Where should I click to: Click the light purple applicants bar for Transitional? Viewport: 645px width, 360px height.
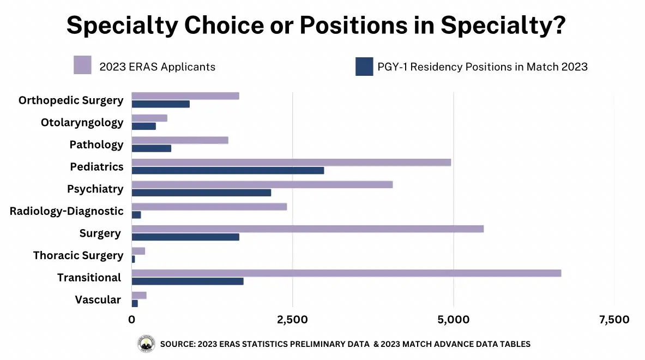coord(346,273)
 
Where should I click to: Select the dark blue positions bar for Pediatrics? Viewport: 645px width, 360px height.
coord(228,171)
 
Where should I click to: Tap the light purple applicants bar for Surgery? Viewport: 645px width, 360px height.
coord(308,229)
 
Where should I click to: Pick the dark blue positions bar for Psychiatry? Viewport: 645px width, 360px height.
coord(201,193)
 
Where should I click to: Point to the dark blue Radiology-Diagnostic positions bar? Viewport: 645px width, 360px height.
coord(136,215)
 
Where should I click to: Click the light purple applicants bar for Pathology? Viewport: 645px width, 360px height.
coord(180,140)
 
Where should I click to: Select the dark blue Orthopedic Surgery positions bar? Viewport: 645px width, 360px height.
coord(161,104)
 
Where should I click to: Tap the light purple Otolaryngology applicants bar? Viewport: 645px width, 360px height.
coord(149,118)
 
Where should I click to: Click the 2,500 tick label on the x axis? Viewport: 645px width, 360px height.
coord(293,320)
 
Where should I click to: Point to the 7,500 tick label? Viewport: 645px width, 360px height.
coord(614,320)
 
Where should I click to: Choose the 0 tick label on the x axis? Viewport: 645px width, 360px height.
coord(132,320)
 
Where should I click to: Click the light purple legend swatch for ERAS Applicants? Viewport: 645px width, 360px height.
coord(82,65)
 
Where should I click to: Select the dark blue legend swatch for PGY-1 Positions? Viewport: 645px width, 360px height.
coord(364,67)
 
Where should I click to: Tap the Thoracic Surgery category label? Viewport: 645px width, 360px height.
coord(79,255)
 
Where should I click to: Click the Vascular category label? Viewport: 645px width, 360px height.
coord(98,299)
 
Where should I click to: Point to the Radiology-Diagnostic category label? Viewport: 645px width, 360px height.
coord(67,211)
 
